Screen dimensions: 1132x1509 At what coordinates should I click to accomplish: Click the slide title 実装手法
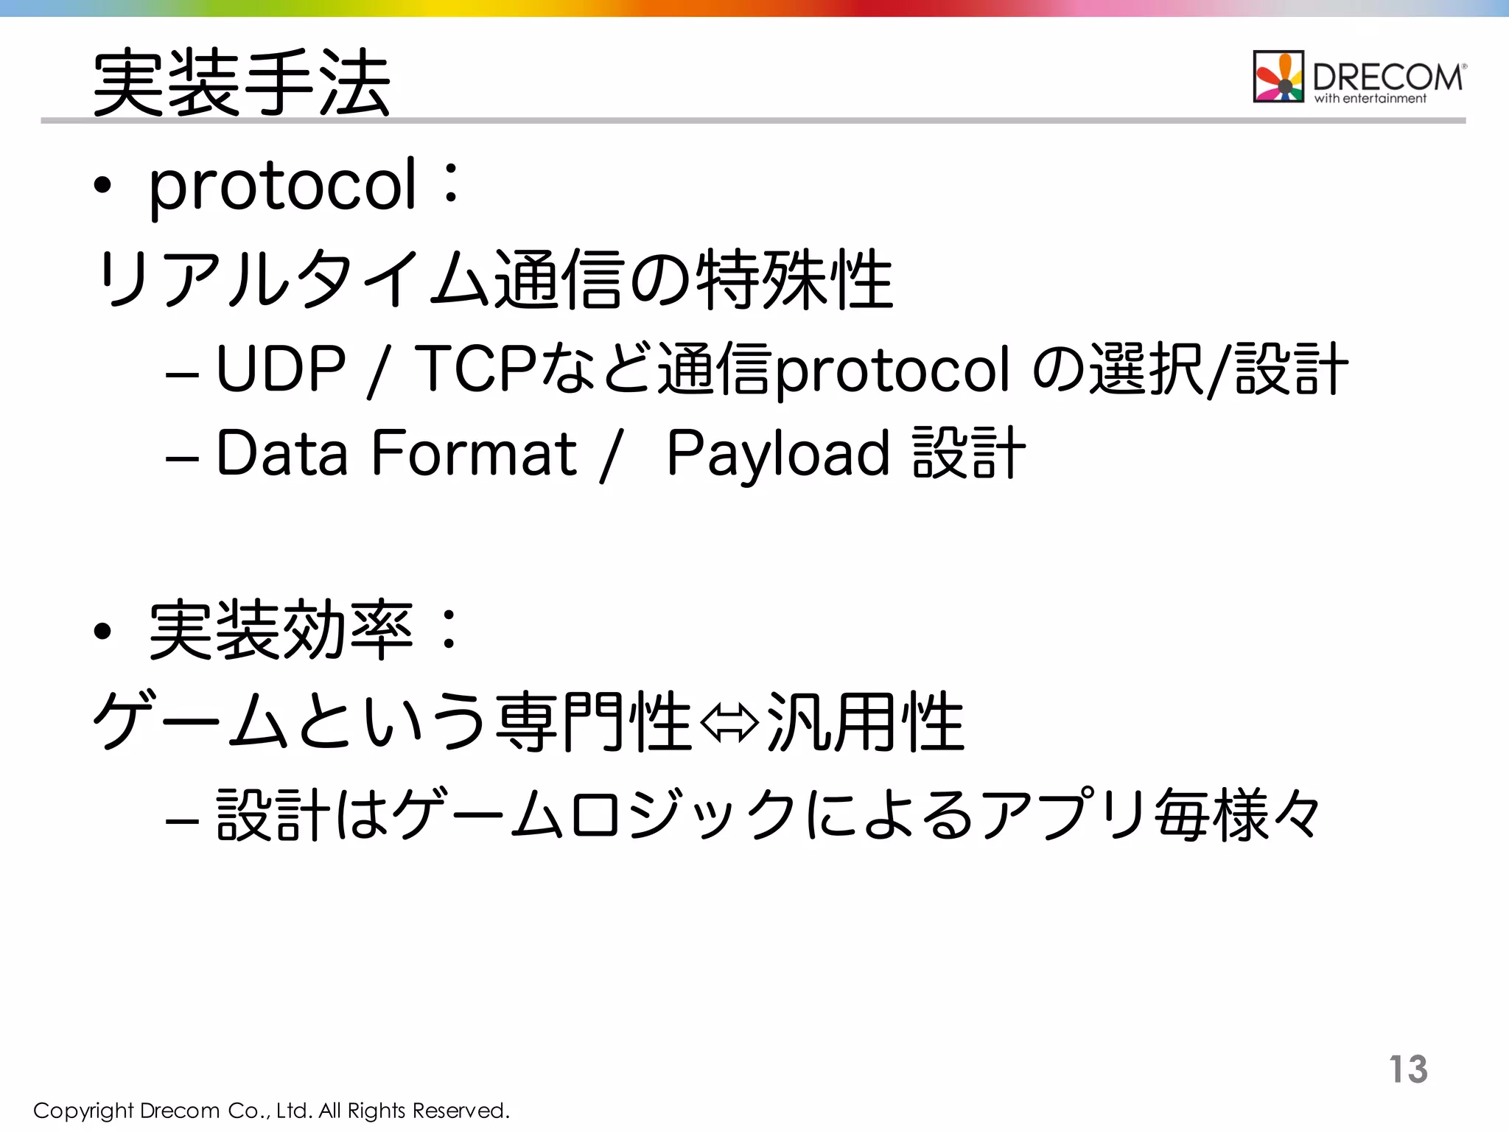[242, 82]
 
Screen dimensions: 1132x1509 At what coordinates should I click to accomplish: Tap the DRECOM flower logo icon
[1278, 77]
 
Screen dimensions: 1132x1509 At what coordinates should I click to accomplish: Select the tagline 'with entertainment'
[1370, 99]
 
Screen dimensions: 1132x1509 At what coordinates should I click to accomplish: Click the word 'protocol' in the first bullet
[283, 186]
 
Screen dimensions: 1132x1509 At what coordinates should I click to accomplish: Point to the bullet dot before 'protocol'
[102, 186]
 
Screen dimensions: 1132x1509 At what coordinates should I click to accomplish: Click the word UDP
[281, 368]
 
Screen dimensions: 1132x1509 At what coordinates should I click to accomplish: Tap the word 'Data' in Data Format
[281, 453]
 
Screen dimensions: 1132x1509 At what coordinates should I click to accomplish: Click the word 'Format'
[475, 453]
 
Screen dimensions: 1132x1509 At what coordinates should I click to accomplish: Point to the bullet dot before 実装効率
[102, 632]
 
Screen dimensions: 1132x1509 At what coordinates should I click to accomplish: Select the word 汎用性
[865, 722]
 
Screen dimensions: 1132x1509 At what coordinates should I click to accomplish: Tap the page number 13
[1408, 1069]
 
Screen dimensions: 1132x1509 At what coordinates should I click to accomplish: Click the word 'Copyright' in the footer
[83, 1111]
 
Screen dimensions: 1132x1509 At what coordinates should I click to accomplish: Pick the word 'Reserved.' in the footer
[461, 1111]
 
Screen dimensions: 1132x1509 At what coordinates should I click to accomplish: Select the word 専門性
[594, 722]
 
